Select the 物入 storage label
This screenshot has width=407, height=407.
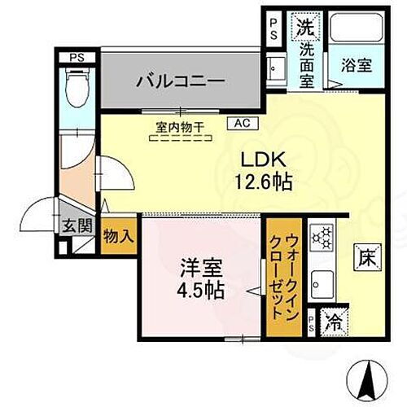[x=118, y=236]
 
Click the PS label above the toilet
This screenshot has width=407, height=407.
[x=77, y=57]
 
